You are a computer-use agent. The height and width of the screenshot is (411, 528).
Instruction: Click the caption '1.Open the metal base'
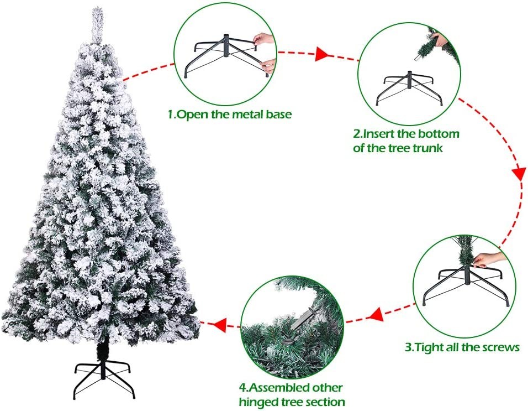pos(230,115)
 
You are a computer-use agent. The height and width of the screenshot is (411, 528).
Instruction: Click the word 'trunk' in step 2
pos(427,148)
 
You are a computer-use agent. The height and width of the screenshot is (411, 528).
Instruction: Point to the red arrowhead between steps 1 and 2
pos(321,54)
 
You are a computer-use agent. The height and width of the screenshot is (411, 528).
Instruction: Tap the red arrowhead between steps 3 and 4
pos(376,314)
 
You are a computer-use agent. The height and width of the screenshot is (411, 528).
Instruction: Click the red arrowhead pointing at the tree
pos(220,325)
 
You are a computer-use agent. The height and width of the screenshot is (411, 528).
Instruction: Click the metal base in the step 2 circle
pos(409,87)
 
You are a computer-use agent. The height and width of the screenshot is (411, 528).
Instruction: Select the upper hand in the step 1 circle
pos(265,38)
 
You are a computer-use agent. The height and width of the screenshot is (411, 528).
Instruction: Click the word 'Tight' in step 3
pos(429,347)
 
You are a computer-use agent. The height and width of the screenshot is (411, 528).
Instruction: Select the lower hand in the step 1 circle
pos(269,65)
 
